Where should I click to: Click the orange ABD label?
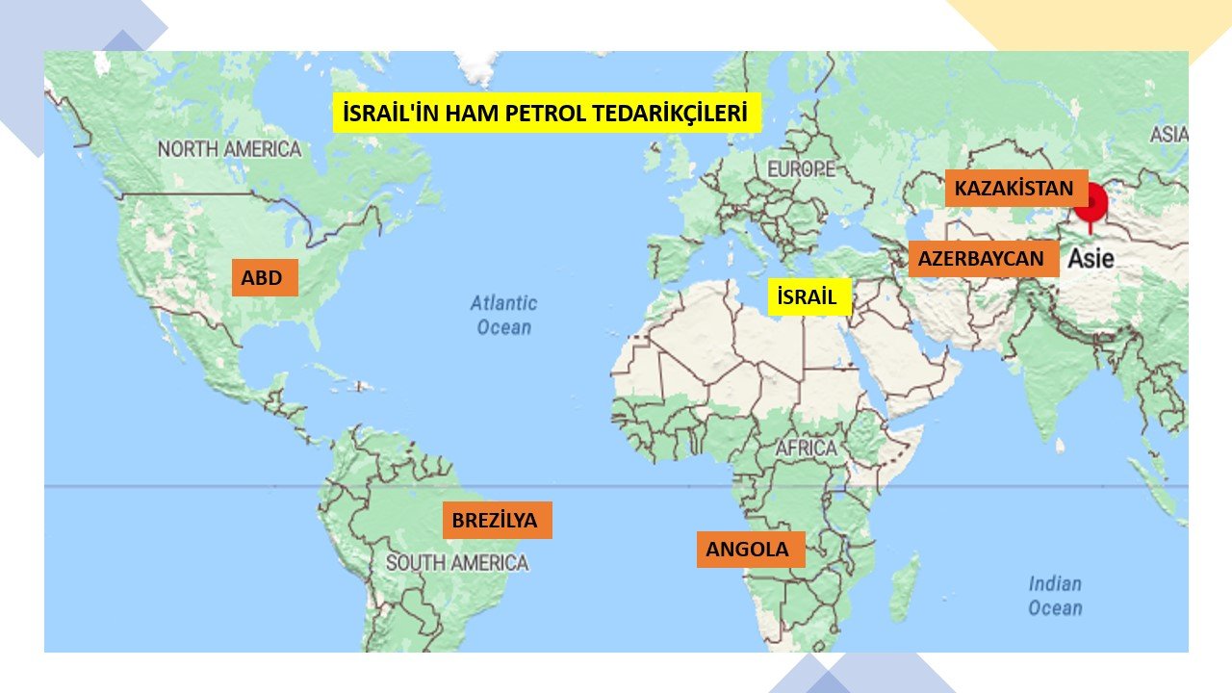point(264,278)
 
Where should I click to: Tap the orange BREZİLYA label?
point(496,521)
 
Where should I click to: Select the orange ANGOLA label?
point(749,550)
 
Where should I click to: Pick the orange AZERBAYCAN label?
point(982,258)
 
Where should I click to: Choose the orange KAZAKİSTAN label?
point(1014,189)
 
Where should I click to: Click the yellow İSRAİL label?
point(808,296)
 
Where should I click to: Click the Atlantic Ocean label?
point(503,315)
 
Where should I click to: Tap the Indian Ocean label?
point(1055,595)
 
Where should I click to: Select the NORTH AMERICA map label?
point(229,149)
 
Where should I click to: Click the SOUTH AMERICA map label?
point(457,562)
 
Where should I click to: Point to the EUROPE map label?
point(801,169)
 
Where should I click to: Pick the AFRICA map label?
point(807,449)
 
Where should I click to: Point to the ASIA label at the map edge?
point(1168,135)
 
